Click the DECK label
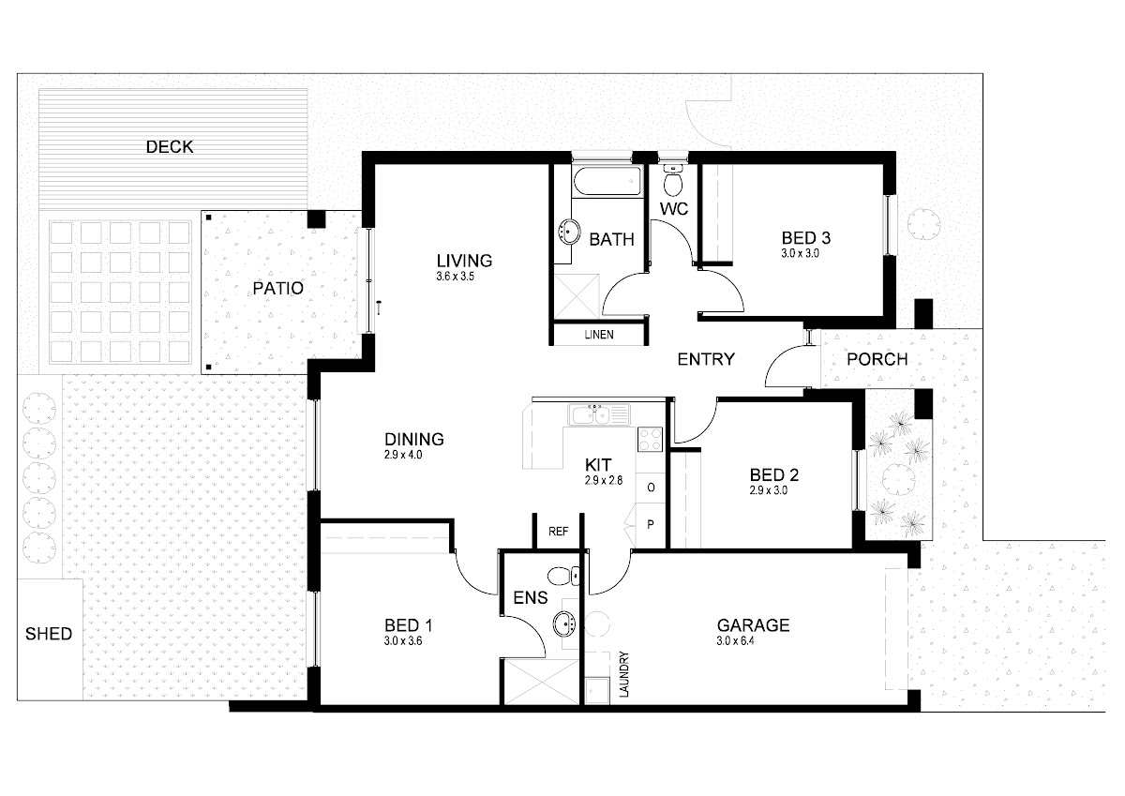170,146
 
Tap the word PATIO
277,288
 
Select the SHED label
49,634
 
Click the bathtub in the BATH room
607,181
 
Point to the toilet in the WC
673,180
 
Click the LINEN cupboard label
599,335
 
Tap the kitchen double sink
598,414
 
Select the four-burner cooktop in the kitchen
650,440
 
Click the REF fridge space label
558,532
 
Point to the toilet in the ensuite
563,576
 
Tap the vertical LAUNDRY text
624,674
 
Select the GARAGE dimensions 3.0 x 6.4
735,640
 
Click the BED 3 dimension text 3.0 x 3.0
800,254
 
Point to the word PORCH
877,359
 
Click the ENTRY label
706,359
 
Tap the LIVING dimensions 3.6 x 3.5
455,277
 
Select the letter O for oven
651,488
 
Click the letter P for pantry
651,525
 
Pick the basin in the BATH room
570,232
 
